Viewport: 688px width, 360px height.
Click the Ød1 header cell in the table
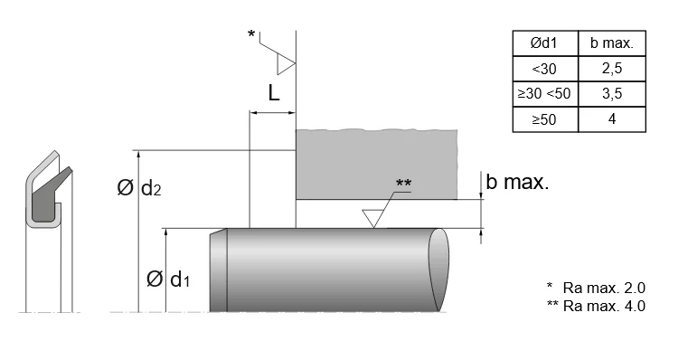545,43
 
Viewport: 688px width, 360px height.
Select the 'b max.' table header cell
612,43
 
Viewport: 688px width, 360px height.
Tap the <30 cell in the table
545,69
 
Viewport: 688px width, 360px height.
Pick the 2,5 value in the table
612,69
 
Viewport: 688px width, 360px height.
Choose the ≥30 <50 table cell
545,93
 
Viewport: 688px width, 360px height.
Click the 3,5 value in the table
612,93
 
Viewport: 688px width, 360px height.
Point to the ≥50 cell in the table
545,119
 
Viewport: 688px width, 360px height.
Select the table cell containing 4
612,119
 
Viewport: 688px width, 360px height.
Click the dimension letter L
274,93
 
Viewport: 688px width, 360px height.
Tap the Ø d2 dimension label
139,188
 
